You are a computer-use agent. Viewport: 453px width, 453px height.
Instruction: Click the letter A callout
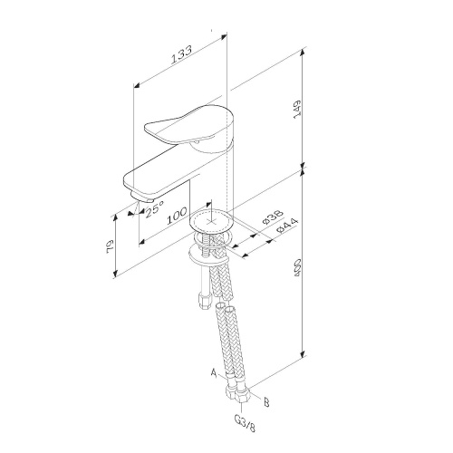coord(215,372)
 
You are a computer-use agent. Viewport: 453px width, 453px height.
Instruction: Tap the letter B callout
coord(265,396)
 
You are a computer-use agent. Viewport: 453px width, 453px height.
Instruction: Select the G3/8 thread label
coord(244,422)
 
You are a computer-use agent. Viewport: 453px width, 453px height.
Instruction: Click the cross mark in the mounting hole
coord(216,220)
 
